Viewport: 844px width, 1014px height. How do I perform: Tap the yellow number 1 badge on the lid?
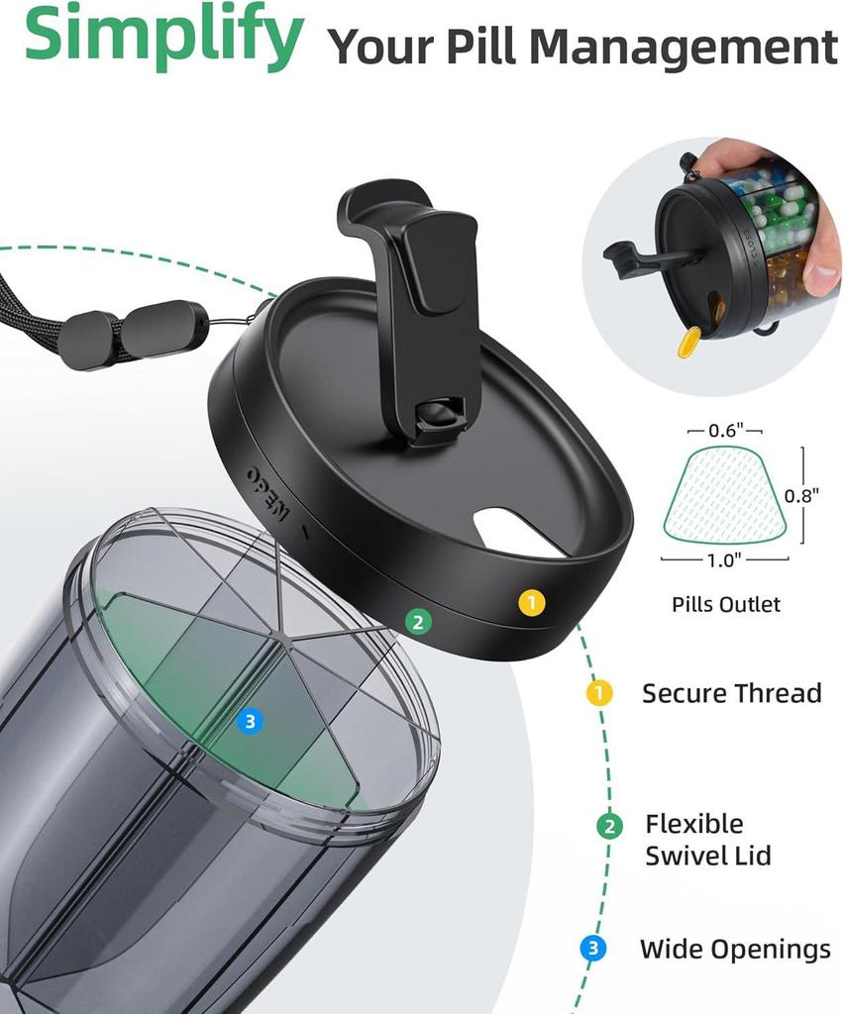[532, 602]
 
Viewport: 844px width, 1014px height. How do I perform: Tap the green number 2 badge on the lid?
[418, 622]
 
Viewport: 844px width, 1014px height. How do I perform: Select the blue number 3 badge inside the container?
[250, 722]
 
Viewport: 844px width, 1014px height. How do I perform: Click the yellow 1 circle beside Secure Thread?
[600, 693]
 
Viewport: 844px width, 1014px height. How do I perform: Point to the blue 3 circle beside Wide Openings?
[592, 950]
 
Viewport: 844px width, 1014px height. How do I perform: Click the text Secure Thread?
[731, 693]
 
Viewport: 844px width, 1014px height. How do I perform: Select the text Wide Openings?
[735, 950]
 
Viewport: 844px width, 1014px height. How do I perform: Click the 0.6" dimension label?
[724, 432]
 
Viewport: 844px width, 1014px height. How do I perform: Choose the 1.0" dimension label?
[724, 558]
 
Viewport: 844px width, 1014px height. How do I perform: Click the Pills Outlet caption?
[725, 604]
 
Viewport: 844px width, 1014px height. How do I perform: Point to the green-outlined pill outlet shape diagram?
[724, 495]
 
